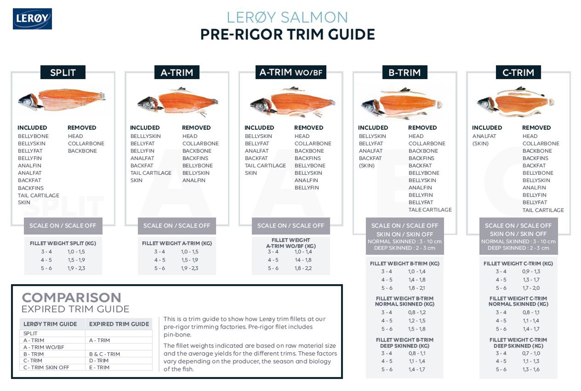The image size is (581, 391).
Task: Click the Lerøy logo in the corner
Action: click(32, 19)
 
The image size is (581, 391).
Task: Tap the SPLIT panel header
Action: click(63, 73)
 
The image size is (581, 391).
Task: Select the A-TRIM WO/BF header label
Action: click(290, 72)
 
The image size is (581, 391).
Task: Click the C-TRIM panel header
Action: click(518, 73)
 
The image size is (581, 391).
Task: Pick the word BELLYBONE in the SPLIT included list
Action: click(33, 136)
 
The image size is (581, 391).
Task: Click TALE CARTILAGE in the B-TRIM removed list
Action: click(430, 210)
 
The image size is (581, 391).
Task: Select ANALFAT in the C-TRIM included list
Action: click(484, 136)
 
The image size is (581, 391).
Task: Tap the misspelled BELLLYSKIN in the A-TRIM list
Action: click(145, 136)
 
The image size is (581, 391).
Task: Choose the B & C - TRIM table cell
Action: click(104, 354)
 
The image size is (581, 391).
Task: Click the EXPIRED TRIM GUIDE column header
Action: click(119, 324)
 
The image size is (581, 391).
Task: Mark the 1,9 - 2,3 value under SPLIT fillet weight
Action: click(76, 268)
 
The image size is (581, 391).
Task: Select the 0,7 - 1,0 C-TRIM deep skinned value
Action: click(531, 353)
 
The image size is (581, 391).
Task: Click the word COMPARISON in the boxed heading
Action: click(72, 298)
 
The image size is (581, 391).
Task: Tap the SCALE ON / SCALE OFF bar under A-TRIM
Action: click(176, 226)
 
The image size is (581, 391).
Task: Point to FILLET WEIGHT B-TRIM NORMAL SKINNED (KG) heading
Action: click(404, 301)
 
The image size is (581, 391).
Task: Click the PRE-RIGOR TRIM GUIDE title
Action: click(287, 35)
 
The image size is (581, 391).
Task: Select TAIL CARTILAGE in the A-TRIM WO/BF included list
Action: click(265, 166)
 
